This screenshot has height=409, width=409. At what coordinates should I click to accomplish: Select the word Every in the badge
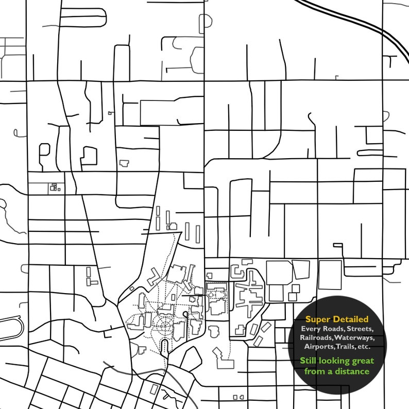(x=312, y=329)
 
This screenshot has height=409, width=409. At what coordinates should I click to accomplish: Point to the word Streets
(x=360, y=329)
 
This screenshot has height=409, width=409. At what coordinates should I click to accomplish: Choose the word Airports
(x=318, y=346)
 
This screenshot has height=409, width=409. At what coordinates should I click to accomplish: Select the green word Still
(x=309, y=361)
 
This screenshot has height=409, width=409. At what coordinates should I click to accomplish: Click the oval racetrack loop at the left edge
(x=11, y=327)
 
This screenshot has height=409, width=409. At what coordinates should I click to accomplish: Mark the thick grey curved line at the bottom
(x=155, y=378)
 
